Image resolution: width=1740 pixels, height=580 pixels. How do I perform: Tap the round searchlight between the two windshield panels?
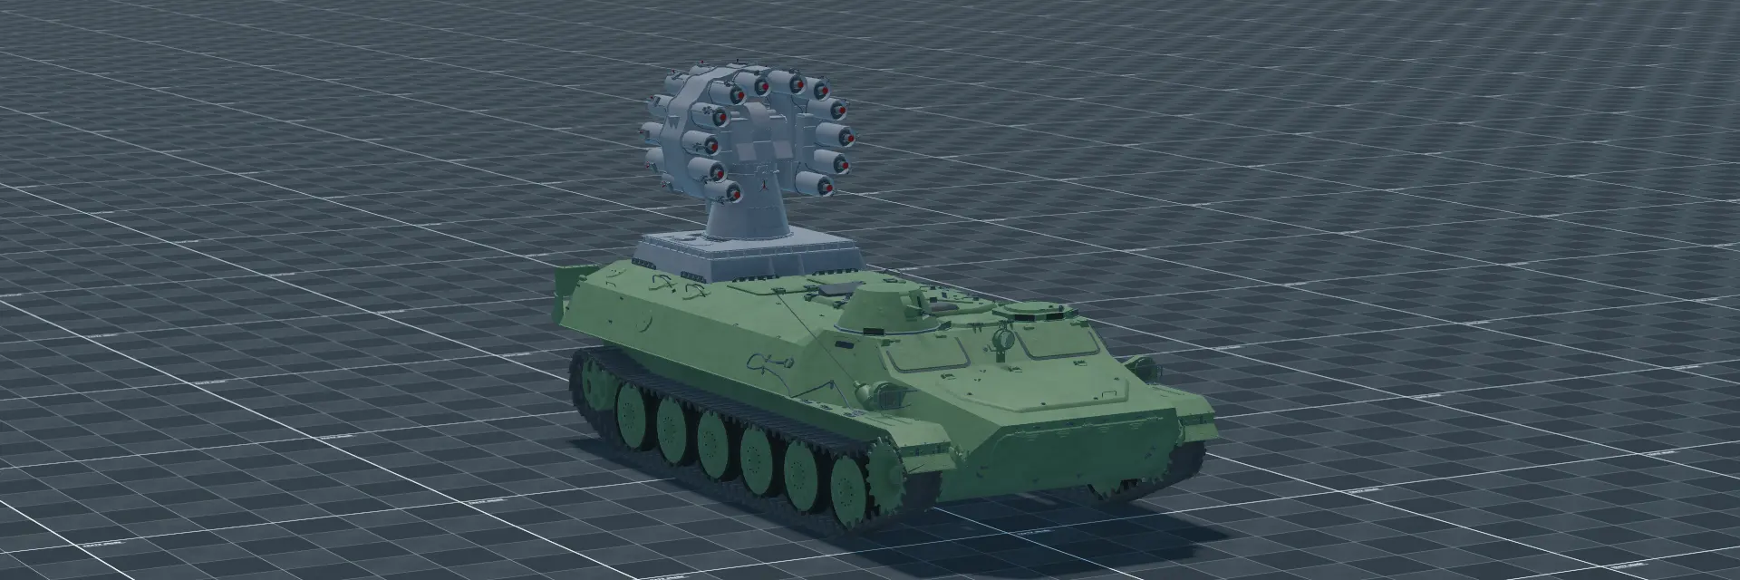click(1002, 339)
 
